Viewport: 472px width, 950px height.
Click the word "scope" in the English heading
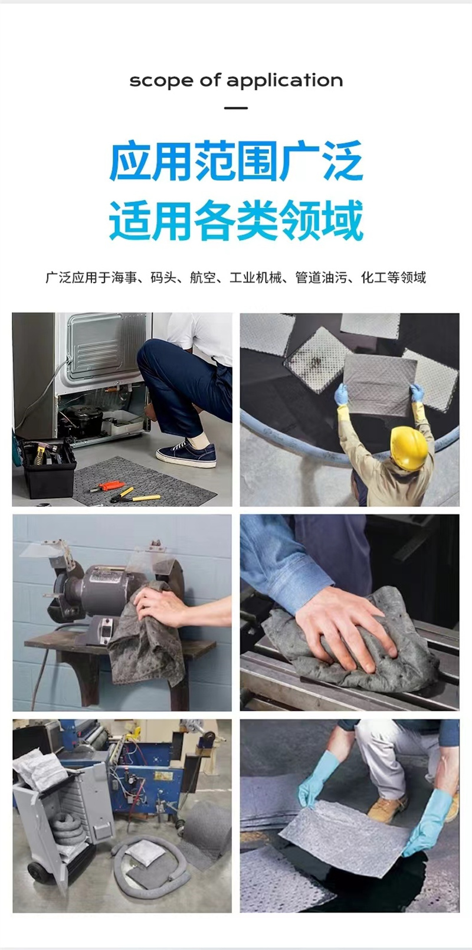click(x=160, y=81)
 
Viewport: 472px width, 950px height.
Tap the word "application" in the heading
click(x=284, y=80)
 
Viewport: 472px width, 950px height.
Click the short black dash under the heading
click(x=236, y=108)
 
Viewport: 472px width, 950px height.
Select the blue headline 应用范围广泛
click(x=236, y=160)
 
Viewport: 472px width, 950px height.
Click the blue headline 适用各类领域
click(x=236, y=221)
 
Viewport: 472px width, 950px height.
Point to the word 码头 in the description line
click(x=163, y=278)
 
